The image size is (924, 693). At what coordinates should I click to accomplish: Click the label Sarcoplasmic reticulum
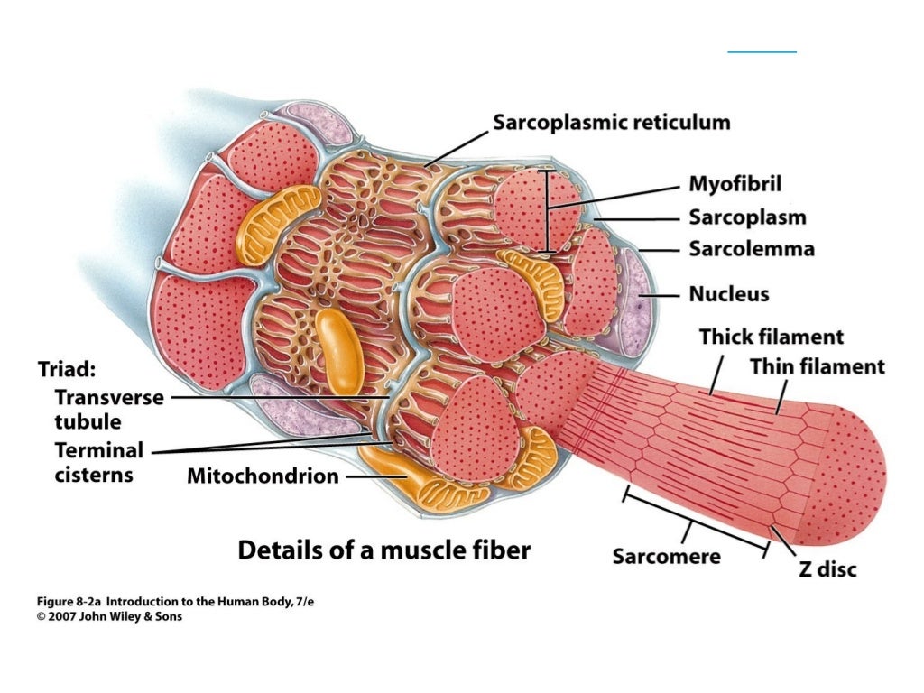coord(611,123)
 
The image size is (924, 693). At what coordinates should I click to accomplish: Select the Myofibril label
coord(735,185)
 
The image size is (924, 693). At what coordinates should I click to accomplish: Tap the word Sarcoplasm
coord(747,217)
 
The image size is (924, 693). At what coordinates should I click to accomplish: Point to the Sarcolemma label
coord(751,248)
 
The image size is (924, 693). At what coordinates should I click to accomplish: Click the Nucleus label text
coord(728,294)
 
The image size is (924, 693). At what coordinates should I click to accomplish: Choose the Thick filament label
coord(772,337)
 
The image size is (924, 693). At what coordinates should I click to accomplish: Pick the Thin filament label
coord(818,366)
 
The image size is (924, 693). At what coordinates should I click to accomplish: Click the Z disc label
coord(827,568)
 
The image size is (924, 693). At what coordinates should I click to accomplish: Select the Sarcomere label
coord(666,556)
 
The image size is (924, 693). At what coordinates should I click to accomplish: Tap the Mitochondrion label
coord(263,476)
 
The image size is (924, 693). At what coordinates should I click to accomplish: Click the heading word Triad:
coord(66,370)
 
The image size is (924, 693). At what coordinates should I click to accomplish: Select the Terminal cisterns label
coord(98,461)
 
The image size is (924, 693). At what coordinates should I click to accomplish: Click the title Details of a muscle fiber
coord(383,550)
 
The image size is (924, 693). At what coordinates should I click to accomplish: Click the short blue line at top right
coord(762,52)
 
